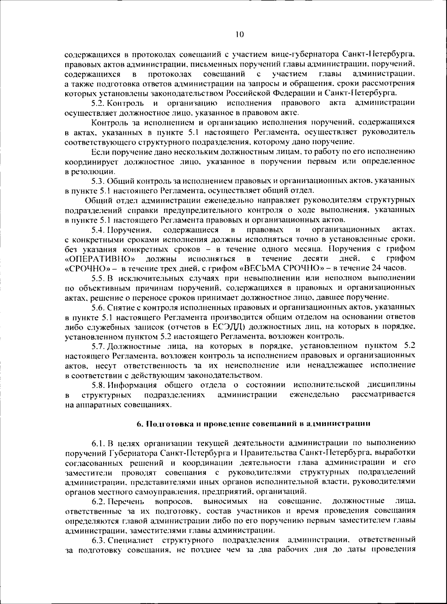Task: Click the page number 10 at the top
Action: pos(240,35)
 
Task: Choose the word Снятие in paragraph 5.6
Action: pos(119,307)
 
